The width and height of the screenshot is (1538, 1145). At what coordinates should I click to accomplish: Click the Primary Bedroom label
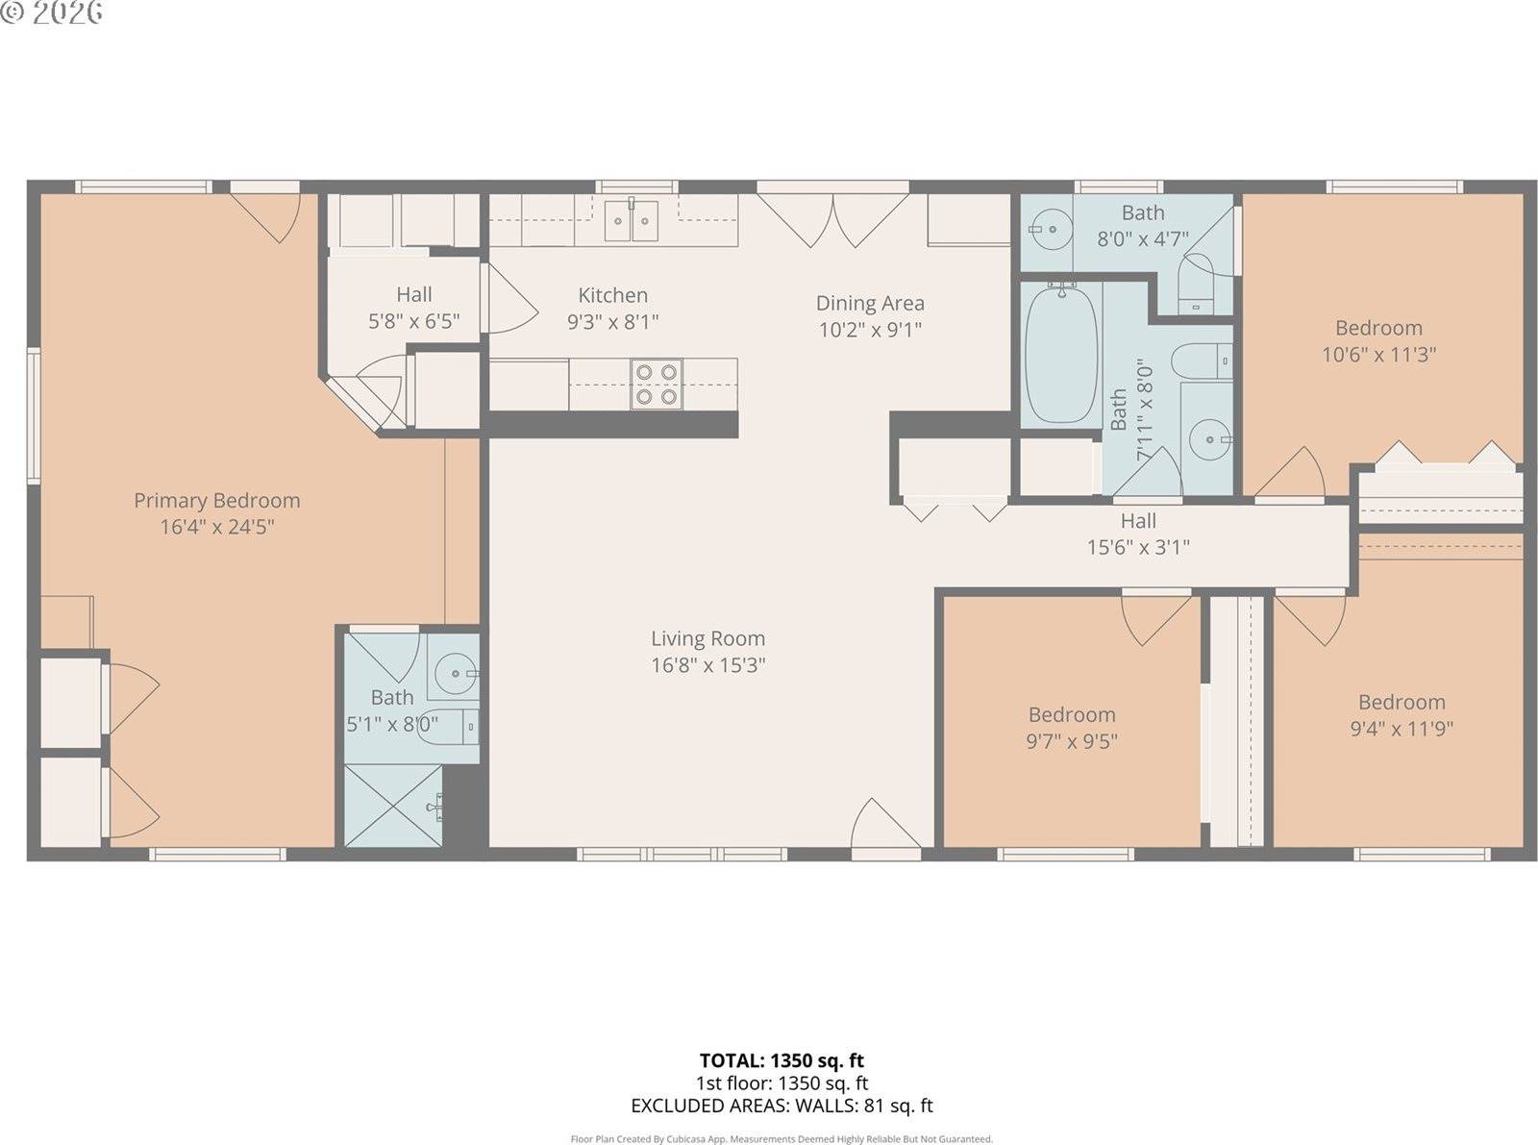point(216,500)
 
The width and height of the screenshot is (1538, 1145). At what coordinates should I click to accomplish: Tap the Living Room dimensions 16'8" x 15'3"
point(707,665)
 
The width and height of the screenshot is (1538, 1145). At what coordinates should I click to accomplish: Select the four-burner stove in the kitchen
point(657,384)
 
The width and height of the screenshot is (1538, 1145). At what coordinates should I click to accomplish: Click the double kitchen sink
point(632,222)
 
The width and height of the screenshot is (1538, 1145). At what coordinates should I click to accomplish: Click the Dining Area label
point(870,303)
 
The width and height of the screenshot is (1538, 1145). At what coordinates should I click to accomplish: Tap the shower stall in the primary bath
point(393,806)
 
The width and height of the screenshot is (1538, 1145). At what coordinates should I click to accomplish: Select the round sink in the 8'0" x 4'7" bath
point(1050,230)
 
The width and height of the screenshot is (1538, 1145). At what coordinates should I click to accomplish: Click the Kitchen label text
point(612,295)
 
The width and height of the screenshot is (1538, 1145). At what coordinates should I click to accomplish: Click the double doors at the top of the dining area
point(832,219)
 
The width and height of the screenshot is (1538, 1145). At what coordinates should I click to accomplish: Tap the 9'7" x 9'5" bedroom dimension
point(1072,741)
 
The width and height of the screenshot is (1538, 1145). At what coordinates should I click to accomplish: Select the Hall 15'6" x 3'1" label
point(1138,534)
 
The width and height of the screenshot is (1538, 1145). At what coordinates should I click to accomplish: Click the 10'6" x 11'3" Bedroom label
point(1378,328)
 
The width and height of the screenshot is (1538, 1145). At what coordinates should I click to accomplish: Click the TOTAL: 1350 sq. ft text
point(781,1060)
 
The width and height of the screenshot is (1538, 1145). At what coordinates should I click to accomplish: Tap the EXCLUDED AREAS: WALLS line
point(781,1106)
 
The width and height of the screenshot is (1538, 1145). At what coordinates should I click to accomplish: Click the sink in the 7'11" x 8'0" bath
point(1207,440)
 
